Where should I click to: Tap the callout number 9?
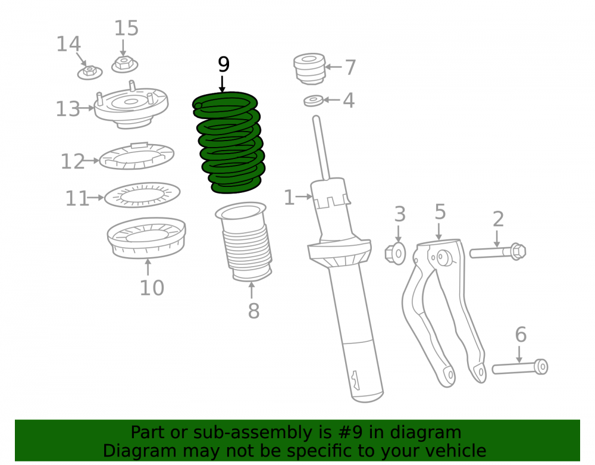(x=224, y=64)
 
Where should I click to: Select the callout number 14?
(x=68, y=44)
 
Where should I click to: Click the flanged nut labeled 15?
(x=124, y=64)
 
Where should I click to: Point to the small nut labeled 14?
(x=90, y=72)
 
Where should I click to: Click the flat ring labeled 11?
(x=142, y=195)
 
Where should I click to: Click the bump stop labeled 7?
(x=309, y=68)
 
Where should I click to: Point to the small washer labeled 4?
(x=314, y=101)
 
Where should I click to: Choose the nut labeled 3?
(x=395, y=253)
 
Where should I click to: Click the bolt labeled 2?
(x=497, y=251)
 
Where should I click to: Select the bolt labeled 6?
(x=520, y=367)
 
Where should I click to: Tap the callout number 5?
(x=440, y=212)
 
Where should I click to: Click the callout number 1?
(x=289, y=198)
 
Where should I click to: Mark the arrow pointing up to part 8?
(x=251, y=289)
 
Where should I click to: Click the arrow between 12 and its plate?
(x=92, y=161)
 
